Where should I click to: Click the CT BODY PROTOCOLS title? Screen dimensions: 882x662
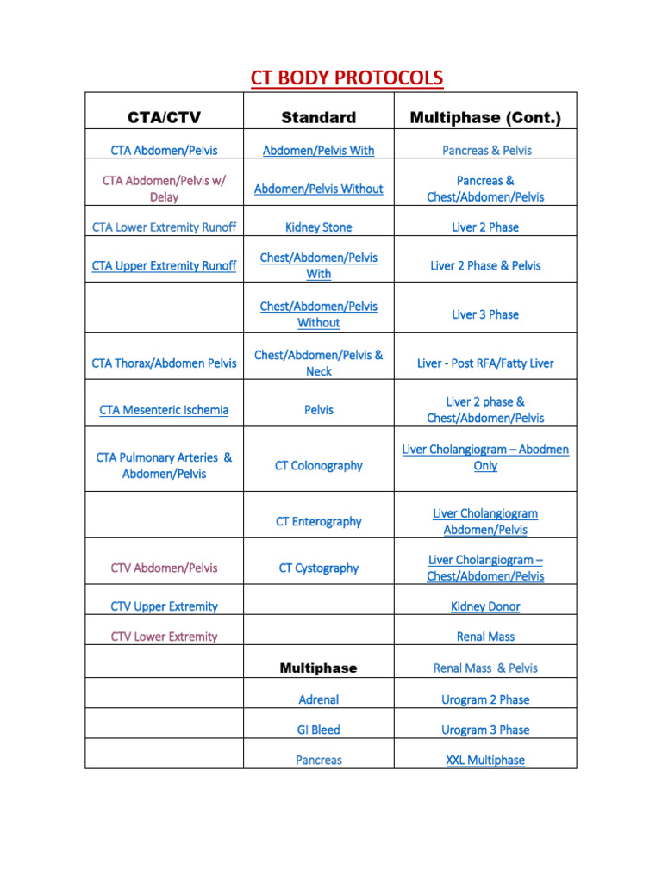click(x=347, y=79)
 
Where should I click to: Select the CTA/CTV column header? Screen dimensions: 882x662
click(x=164, y=117)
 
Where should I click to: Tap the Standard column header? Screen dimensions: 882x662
click(x=318, y=117)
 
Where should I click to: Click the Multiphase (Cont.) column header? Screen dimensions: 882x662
click(x=485, y=117)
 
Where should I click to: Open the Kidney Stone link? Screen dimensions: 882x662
click(x=318, y=227)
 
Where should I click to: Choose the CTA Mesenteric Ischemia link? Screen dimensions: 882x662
click(x=164, y=410)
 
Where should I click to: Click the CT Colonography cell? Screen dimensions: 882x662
click(x=318, y=465)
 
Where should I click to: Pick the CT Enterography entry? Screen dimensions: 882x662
click(x=318, y=521)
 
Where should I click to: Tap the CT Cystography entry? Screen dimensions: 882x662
click(x=318, y=568)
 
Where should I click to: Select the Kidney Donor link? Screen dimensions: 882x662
click(x=485, y=606)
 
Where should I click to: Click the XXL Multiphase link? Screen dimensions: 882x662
click(x=485, y=760)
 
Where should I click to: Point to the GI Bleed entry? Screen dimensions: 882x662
click(x=318, y=730)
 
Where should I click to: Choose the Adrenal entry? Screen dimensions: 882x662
click(x=318, y=699)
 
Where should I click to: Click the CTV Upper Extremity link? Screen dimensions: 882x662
click(x=164, y=606)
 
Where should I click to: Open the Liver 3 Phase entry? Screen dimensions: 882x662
click(x=485, y=314)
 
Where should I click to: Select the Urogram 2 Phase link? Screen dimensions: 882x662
click(x=485, y=699)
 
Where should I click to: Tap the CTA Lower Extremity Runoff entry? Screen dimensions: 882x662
click(x=164, y=227)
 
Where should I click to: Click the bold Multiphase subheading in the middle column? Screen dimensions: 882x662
click(x=318, y=668)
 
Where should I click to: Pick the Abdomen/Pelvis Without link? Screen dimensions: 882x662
click(x=318, y=189)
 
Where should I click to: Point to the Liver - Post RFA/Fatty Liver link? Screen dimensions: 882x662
click(x=485, y=363)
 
